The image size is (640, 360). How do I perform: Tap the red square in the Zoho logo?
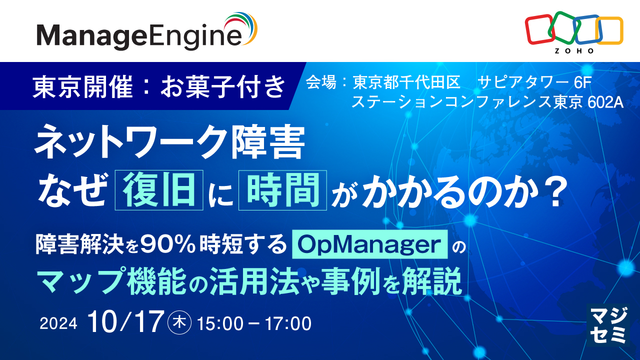pyautogui.click(x=539, y=29)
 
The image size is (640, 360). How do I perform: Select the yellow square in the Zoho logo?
pyautogui.click(x=609, y=30)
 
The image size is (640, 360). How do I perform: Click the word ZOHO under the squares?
pyautogui.click(x=574, y=51)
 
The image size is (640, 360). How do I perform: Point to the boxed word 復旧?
pyautogui.click(x=159, y=190)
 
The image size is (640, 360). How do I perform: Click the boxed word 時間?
pyautogui.click(x=282, y=190)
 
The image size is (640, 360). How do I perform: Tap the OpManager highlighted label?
pyautogui.click(x=369, y=244)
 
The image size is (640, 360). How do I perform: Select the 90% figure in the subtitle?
pyautogui.click(x=167, y=245)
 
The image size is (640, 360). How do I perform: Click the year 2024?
pyautogui.click(x=58, y=323)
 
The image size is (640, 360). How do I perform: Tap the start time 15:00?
pyautogui.click(x=220, y=323)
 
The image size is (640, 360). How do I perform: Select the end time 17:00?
pyautogui.click(x=288, y=323)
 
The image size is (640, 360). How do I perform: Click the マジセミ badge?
pyautogui.click(x=608, y=325)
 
